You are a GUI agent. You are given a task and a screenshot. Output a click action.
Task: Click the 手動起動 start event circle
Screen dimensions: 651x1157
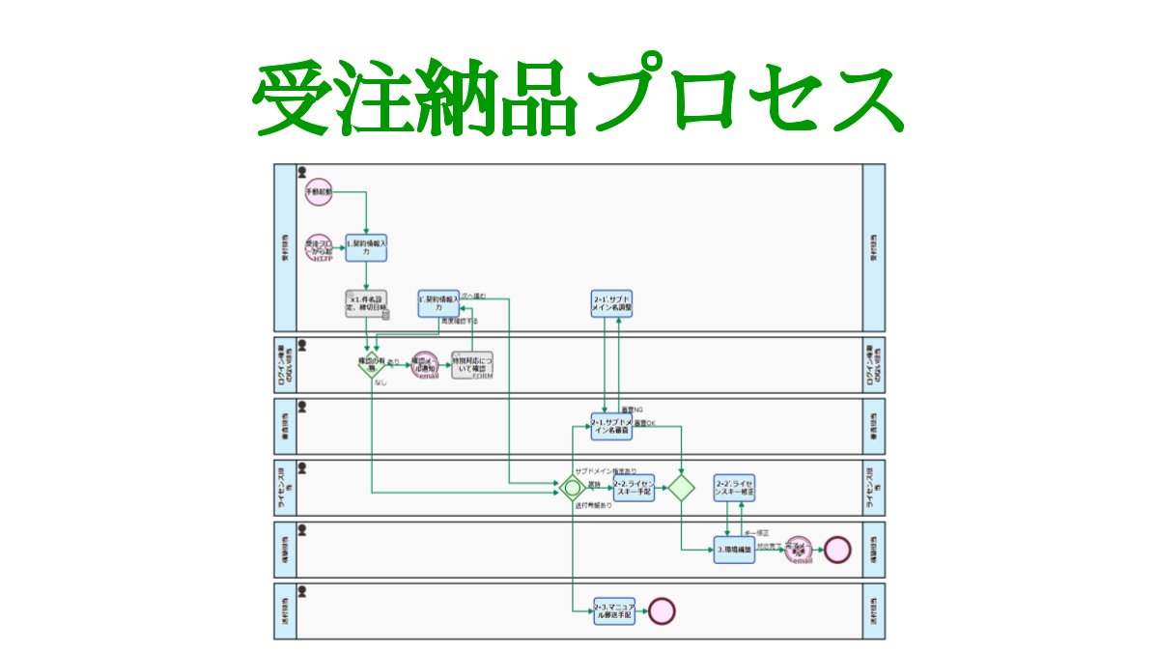tap(319, 192)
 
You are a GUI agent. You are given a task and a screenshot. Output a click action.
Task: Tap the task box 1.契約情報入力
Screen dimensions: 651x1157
tap(367, 248)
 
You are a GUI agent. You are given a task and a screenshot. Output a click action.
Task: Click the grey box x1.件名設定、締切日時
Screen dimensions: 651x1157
tap(367, 304)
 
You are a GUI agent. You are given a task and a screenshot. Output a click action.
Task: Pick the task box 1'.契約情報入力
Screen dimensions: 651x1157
tap(438, 303)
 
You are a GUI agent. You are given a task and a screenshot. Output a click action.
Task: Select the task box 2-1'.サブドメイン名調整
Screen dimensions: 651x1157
tap(611, 303)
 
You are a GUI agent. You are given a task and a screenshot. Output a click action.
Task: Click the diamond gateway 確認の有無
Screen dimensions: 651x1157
tap(372, 365)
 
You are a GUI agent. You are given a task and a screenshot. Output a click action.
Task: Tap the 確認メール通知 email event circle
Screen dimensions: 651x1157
tap(426, 366)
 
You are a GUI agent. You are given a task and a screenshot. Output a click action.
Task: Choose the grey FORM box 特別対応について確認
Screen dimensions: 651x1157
tap(472, 366)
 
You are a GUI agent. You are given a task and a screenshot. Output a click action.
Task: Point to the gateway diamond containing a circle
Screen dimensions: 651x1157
tap(573, 487)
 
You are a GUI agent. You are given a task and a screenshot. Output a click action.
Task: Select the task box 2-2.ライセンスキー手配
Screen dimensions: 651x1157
tap(635, 487)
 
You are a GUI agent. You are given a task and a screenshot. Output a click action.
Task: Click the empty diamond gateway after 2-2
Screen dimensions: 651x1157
tap(682, 487)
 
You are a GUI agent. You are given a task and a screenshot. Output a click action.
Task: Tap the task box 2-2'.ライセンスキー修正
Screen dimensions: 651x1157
tap(735, 487)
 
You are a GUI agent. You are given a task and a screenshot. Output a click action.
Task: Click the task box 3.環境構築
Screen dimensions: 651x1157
tap(735, 550)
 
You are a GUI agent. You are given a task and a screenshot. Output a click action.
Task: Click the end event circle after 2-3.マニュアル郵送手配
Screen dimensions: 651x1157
tap(662, 610)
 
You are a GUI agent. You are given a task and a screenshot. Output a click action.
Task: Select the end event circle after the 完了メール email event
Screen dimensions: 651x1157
tap(837, 550)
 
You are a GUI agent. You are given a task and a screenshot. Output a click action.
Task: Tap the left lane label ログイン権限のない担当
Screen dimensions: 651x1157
tap(284, 365)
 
